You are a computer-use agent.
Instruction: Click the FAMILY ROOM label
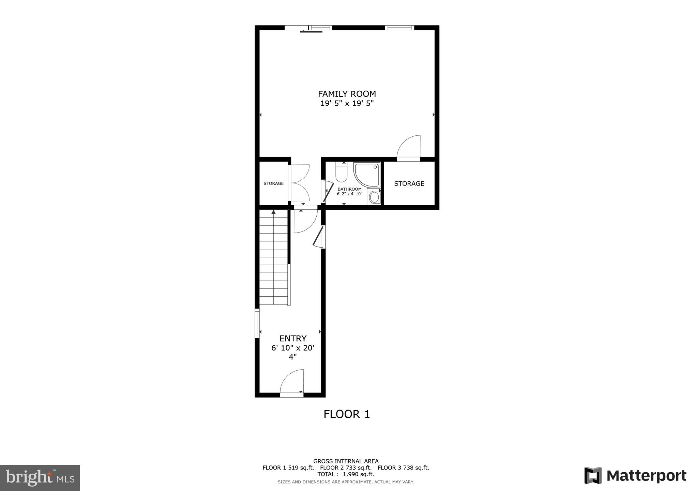347,94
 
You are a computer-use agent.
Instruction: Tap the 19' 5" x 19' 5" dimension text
347,103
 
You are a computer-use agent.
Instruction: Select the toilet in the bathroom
341,173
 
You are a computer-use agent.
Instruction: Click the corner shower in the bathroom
366,175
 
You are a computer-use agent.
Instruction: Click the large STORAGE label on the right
409,183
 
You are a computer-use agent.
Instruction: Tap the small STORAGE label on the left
273,183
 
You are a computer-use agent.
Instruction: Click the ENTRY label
293,338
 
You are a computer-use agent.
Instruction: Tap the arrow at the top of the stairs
273,212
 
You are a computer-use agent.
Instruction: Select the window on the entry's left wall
257,323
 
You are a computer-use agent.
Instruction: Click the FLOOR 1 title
346,414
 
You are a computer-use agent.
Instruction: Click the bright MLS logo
40,478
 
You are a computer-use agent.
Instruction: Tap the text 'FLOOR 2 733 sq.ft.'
346,468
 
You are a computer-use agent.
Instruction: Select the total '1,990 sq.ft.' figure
358,474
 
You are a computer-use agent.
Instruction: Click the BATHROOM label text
349,189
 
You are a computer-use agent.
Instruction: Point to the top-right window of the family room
399,28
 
